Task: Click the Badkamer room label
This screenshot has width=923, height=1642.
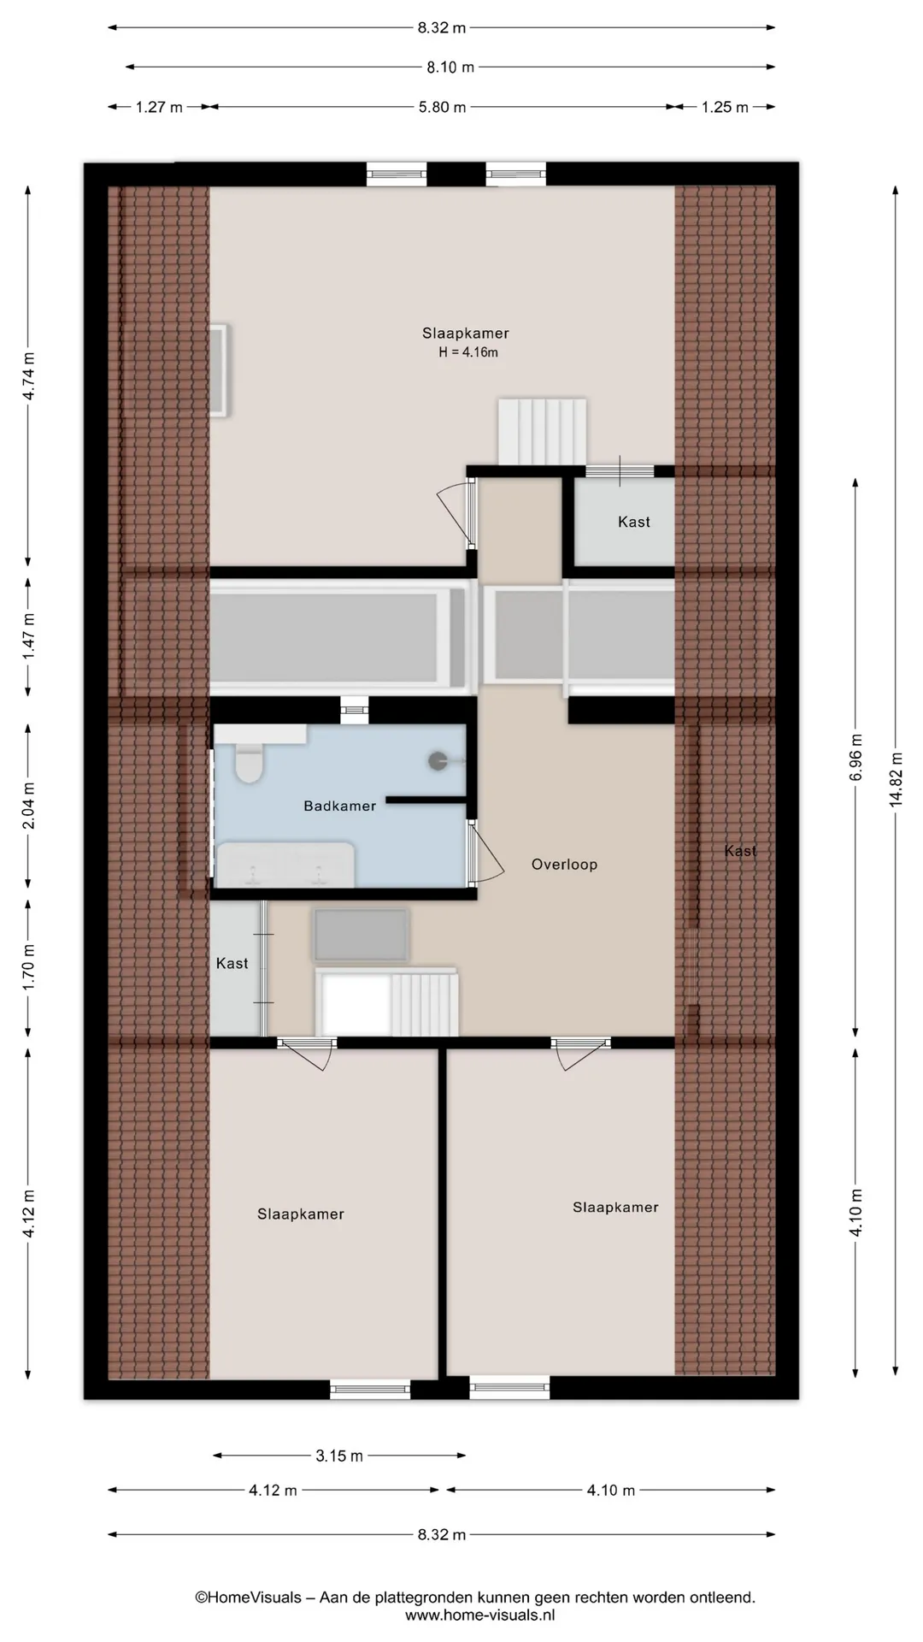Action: (339, 806)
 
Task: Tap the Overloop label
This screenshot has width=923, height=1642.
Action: (564, 865)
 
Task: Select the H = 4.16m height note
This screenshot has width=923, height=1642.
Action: (468, 352)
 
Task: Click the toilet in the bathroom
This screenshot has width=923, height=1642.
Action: (249, 762)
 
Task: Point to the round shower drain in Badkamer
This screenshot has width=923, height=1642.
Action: (438, 760)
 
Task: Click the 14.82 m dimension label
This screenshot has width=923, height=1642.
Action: (896, 779)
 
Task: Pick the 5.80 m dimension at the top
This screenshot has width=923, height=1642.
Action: (442, 107)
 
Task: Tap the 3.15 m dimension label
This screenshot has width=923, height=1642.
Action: (339, 1456)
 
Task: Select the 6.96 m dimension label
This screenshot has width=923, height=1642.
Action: (856, 757)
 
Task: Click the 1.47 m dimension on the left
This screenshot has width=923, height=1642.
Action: (28, 635)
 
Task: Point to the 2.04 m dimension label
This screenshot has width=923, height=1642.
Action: (28, 806)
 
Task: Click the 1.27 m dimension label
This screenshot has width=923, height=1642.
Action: (159, 107)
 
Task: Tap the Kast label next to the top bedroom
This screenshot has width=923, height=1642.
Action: (634, 522)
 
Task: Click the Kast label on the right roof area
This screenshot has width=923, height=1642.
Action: (740, 851)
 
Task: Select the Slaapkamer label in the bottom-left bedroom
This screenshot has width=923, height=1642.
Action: (301, 1214)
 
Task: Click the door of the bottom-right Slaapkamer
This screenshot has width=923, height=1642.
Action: (580, 1053)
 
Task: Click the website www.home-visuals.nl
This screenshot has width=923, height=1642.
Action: (480, 1615)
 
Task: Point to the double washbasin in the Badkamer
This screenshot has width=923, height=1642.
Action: (285, 865)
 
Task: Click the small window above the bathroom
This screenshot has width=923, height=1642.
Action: (354, 710)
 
